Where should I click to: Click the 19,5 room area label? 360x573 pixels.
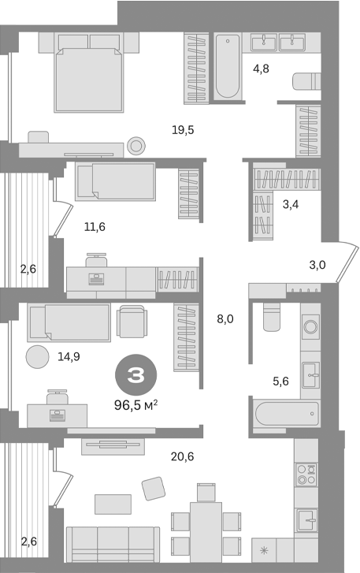coord(184,130)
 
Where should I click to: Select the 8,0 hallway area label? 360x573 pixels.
coord(225,319)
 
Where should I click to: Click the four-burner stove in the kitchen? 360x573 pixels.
coord(306,476)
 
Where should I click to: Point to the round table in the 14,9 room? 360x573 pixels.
coord(37,357)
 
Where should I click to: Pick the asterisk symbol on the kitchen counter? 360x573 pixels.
coord(264,549)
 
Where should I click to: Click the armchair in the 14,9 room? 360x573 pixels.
coord(132,321)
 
